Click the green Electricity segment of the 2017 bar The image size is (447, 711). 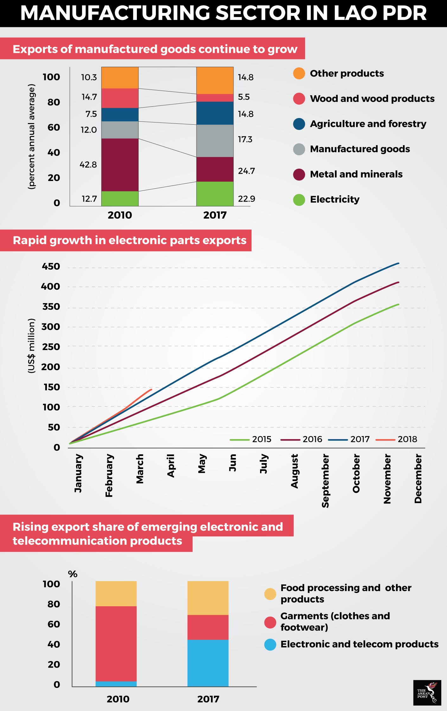pyautogui.click(x=215, y=194)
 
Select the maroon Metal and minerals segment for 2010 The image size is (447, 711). pyautogui.click(x=120, y=165)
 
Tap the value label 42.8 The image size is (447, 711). pyautogui.click(x=88, y=165)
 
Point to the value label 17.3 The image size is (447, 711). pyautogui.click(x=245, y=139)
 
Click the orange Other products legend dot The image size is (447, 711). pyautogui.click(x=299, y=73)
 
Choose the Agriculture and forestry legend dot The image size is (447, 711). pyautogui.click(x=299, y=124)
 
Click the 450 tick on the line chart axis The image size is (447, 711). pyautogui.click(x=51, y=266)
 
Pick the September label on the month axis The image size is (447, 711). pyautogui.click(x=325, y=481)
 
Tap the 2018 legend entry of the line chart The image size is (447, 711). pyautogui.click(x=407, y=439)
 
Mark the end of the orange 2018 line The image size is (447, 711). pyautogui.click(x=151, y=389)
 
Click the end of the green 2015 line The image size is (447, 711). pyautogui.click(x=398, y=304)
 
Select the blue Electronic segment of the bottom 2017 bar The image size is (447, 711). pyautogui.click(x=208, y=663)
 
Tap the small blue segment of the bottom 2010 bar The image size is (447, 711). pyautogui.click(x=116, y=684)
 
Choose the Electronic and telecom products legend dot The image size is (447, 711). pyautogui.click(x=270, y=645)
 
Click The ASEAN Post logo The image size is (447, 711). pyautogui.click(x=427, y=693)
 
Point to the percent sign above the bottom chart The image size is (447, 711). pyautogui.click(x=73, y=574)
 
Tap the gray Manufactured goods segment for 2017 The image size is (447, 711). pyautogui.click(x=215, y=141)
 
